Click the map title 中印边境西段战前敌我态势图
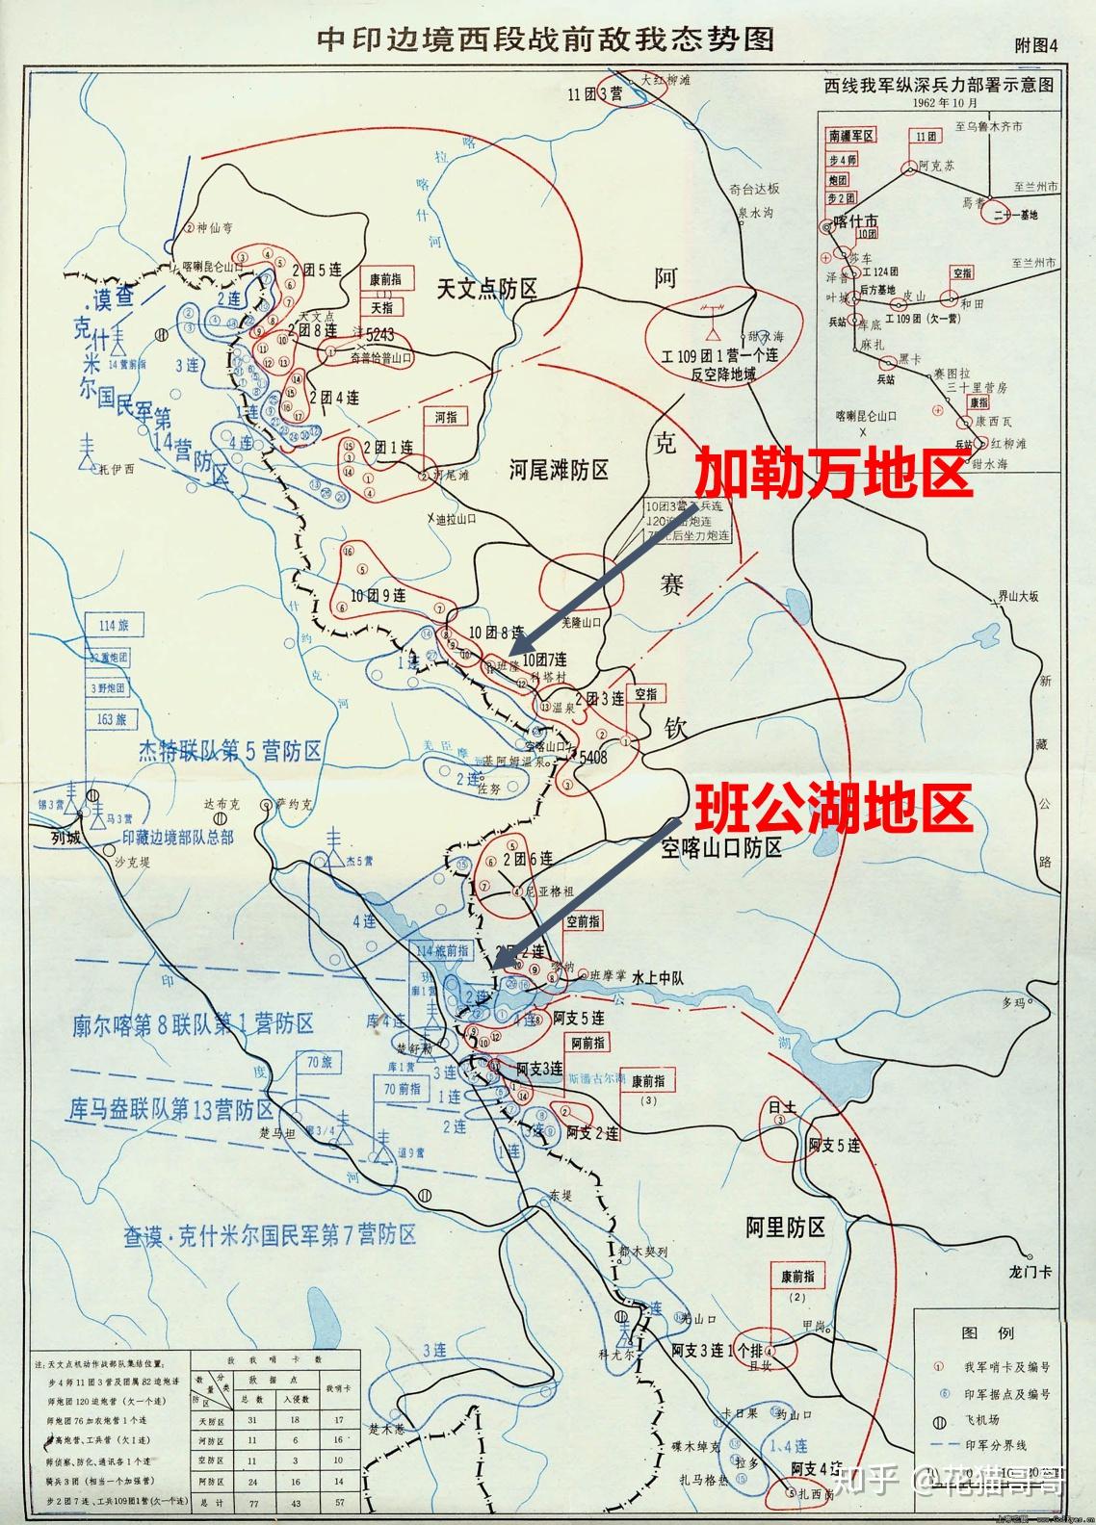(546, 40)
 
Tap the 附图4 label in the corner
(1035, 45)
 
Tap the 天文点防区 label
(486, 288)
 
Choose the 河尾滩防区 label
(559, 470)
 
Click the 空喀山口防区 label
(721, 847)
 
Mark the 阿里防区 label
(786, 1227)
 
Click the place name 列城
(65, 838)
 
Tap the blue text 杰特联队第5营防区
(230, 751)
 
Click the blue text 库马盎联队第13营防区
(172, 1108)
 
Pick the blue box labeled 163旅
(114, 718)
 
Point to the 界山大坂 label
(1019, 597)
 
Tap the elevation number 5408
(592, 758)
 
